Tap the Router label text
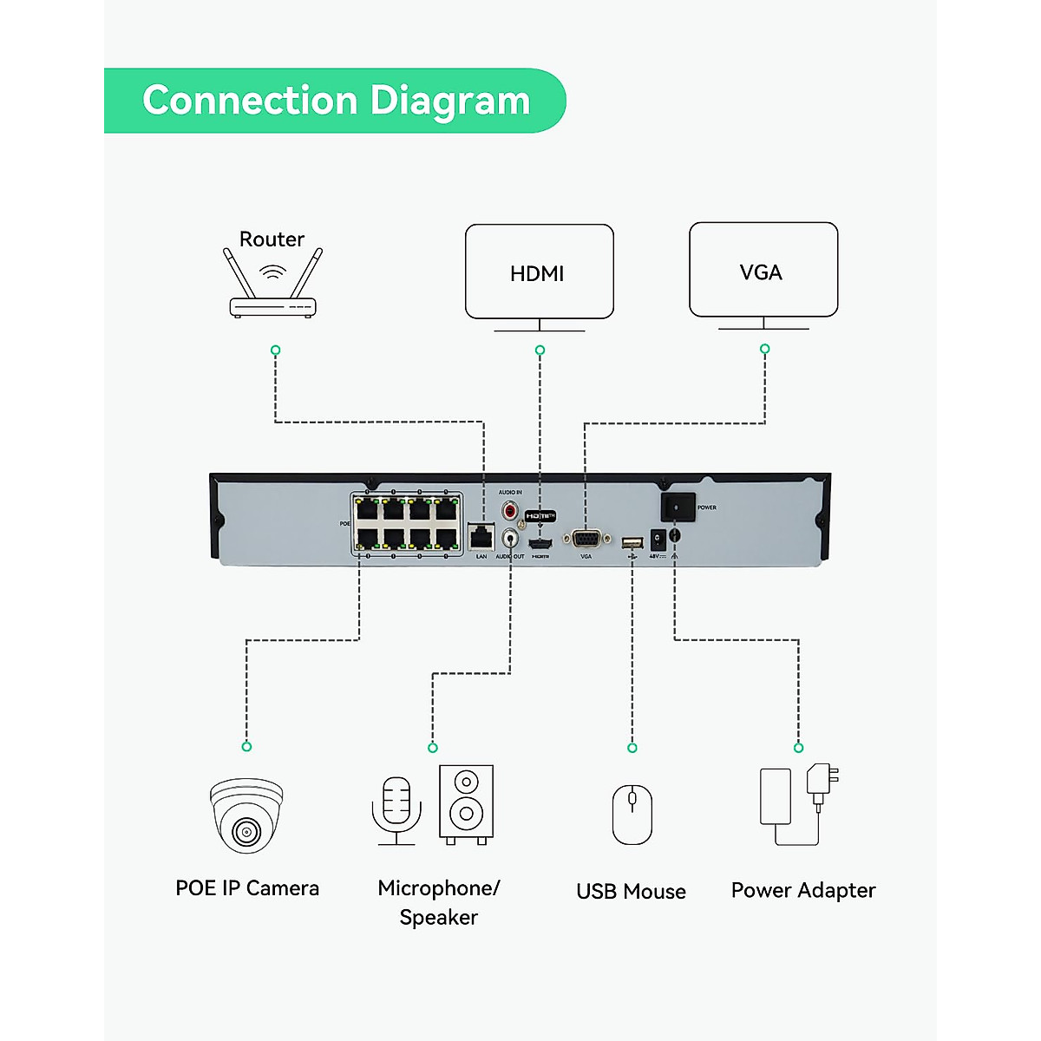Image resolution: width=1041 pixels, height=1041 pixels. (x=272, y=239)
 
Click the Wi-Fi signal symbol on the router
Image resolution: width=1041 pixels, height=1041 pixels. (x=272, y=272)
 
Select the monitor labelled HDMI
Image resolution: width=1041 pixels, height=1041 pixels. (x=539, y=272)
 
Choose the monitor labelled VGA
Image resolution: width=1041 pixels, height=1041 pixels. (x=763, y=271)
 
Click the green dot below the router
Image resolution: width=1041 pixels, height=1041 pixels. (x=275, y=350)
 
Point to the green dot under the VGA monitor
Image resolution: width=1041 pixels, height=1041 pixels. (x=764, y=349)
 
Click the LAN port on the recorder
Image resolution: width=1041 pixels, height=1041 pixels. (x=481, y=536)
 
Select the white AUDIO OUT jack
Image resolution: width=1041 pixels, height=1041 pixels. (x=510, y=539)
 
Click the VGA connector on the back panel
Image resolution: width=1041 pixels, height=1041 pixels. (x=586, y=539)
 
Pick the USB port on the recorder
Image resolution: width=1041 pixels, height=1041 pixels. (x=632, y=543)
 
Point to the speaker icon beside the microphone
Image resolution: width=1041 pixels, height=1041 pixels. (x=466, y=802)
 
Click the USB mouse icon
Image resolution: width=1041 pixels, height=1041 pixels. (x=632, y=815)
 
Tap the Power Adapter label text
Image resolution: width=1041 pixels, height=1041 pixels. (x=803, y=890)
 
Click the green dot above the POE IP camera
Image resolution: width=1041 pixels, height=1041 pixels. (x=246, y=746)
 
